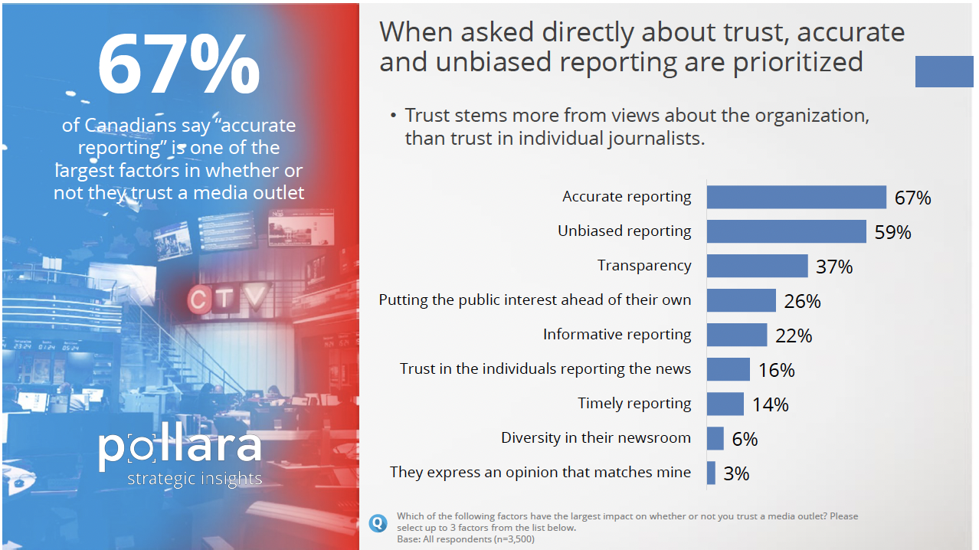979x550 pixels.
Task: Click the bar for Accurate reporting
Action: pos(796,197)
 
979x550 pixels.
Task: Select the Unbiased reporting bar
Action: pos(786,231)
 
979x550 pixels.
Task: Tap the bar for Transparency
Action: pos(757,266)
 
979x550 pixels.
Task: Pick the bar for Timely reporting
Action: pos(725,404)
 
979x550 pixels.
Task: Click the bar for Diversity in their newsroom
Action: pos(715,438)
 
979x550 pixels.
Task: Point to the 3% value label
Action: pos(735,473)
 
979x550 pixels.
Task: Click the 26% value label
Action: pos(802,301)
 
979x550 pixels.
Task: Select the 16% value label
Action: pos(776,370)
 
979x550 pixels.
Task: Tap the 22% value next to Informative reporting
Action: pos(793,336)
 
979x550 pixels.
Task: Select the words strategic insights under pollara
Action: pos(195,479)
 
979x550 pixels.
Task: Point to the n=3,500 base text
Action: pos(506,539)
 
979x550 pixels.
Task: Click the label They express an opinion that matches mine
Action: pos(540,472)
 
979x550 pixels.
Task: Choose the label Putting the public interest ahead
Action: pos(535,300)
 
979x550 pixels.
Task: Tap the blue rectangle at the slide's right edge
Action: pos(944,71)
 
